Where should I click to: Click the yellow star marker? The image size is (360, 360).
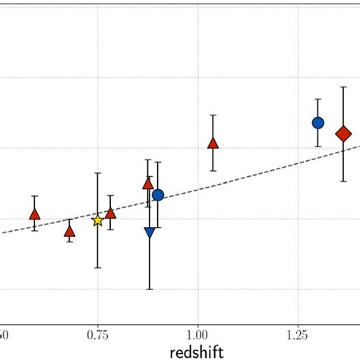coord(97,220)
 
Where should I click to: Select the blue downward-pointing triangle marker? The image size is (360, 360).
coord(150,232)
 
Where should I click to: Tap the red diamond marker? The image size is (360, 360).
coord(344,134)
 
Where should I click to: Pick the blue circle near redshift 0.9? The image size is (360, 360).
coord(158,195)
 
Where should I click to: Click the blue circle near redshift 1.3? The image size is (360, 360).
coord(318,122)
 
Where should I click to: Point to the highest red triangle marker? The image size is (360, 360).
coord(213,143)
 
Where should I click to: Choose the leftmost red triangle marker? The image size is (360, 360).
coord(34,214)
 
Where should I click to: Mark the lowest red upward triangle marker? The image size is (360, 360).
coord(70,231)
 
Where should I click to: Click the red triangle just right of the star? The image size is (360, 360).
coord(111,213)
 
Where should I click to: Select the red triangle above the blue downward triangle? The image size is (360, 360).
coord(148,183)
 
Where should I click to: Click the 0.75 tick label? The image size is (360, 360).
coord(97,333)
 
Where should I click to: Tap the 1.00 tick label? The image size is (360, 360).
coord(197,333)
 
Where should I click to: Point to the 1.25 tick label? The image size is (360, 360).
coord(298,333)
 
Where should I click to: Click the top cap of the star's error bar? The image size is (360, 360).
coord(97,173)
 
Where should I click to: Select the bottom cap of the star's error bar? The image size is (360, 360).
coord(97,267)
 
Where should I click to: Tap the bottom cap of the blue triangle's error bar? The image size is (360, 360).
coord(150,289)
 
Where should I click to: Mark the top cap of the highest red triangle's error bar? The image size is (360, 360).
coord(213,115)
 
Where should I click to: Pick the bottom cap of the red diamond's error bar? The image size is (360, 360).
coord(344,181)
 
